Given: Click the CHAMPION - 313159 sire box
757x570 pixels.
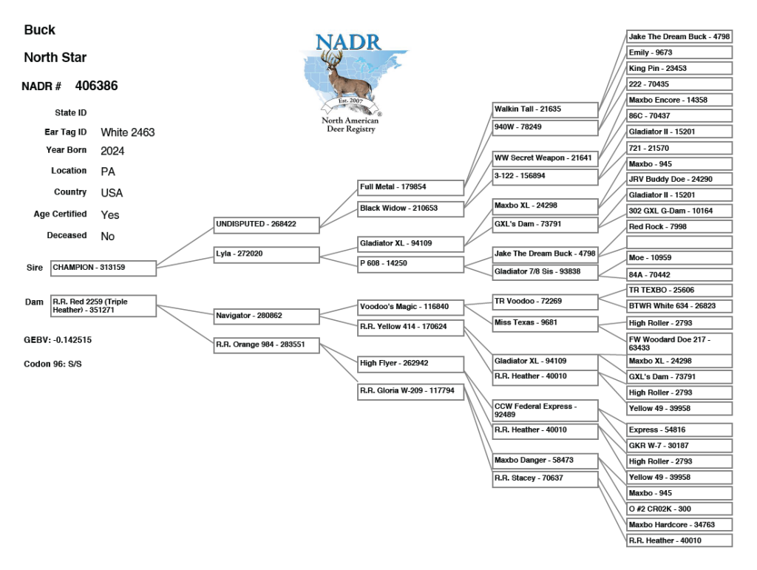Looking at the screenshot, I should point(103,268).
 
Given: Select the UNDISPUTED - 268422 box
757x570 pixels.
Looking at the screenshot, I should point(265,223).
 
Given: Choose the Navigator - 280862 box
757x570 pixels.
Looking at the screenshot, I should point(265,316).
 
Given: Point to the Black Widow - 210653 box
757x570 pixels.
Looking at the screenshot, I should point(411,208).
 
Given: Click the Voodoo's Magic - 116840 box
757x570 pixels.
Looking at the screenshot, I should point(411,306).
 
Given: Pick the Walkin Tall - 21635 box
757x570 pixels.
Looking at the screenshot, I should point(544,109).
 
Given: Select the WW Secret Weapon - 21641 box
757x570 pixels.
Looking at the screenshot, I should point(544,158).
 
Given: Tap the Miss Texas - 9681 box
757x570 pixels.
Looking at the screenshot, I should point(544,322).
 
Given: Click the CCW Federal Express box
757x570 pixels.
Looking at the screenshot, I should point(544,410).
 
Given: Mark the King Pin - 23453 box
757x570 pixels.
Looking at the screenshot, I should point(679,68).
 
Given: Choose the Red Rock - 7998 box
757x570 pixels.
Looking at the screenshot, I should point(679,226).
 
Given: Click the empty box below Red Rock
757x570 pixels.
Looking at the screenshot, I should point(679,242).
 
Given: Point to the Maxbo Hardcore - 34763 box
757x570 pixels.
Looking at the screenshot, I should point(679,525).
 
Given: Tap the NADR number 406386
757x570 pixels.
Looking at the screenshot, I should point(96,86).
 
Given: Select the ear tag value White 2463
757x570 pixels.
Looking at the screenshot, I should point(127,133).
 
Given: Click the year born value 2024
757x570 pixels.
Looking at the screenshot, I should point(112,151).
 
